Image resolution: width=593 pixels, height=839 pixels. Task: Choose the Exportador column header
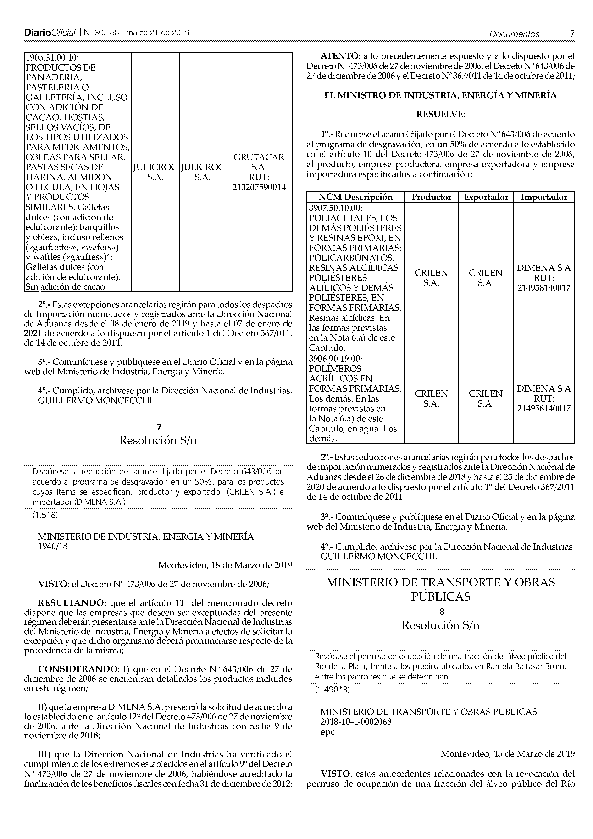[x=486, y=197]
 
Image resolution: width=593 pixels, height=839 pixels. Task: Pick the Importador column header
[x=544, y=197]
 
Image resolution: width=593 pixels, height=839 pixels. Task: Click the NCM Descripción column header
[x=355, y=197]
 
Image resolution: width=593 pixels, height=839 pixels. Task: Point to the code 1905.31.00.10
[x=52, y=58]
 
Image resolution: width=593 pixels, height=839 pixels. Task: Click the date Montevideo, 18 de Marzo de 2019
[x=225, y=565]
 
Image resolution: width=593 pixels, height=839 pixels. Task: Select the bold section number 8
[x=441, y=611]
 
